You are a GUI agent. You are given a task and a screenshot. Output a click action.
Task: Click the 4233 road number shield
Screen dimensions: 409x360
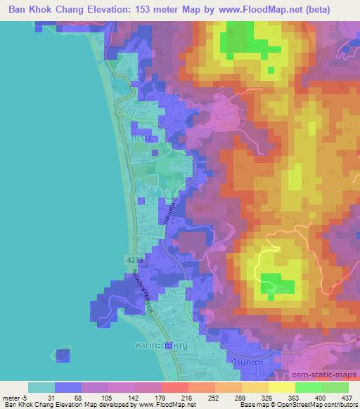[x=135, y=259]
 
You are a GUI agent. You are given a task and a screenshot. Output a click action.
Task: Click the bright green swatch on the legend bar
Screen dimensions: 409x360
[x=307, y=387]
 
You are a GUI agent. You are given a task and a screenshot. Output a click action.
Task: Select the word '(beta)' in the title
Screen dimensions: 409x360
[x=337, y=10]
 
